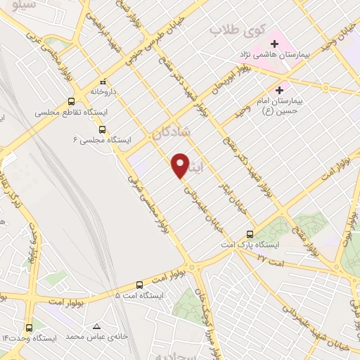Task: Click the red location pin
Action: (x=181, y=165)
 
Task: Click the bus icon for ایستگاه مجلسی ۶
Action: (x=103, y=129)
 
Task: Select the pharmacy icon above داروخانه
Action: (x=103, y=80)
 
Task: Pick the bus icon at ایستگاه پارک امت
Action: (x=250, y=234)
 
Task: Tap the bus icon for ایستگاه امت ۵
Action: (x=139, y=285)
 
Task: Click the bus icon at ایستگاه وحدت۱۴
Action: (x=29, y=327)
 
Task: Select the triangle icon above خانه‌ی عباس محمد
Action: (x=97, y=326)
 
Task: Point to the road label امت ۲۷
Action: (x=269, y=257)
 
